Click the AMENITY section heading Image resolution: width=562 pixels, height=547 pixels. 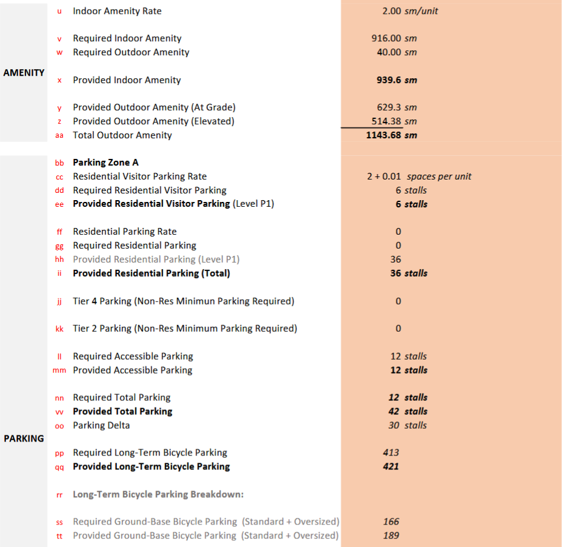24,73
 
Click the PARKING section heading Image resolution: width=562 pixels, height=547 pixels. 24,438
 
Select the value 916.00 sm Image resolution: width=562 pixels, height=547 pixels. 394,38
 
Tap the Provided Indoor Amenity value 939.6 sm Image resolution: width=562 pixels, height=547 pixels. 397,80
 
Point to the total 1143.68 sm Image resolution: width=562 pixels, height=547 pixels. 392,135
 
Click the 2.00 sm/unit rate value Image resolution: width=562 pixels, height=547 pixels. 410,11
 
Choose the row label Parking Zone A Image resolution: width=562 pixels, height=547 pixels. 105,163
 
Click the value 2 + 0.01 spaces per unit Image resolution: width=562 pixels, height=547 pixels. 419,176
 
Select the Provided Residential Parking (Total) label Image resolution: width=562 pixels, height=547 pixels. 152,273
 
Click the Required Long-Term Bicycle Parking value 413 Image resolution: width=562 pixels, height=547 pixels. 391,452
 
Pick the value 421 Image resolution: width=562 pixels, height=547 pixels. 391,466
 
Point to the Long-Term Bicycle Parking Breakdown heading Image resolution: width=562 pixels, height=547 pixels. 158,494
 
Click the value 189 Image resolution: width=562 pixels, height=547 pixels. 391,535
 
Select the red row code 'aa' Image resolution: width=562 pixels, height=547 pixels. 59,136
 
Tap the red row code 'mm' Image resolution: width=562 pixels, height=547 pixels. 59,371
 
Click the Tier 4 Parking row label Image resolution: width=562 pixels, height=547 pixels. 183,301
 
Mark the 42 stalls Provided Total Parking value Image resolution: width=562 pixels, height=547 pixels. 408,411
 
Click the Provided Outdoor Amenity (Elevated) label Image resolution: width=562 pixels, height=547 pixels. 153,121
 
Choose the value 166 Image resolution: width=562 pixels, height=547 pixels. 391,522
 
